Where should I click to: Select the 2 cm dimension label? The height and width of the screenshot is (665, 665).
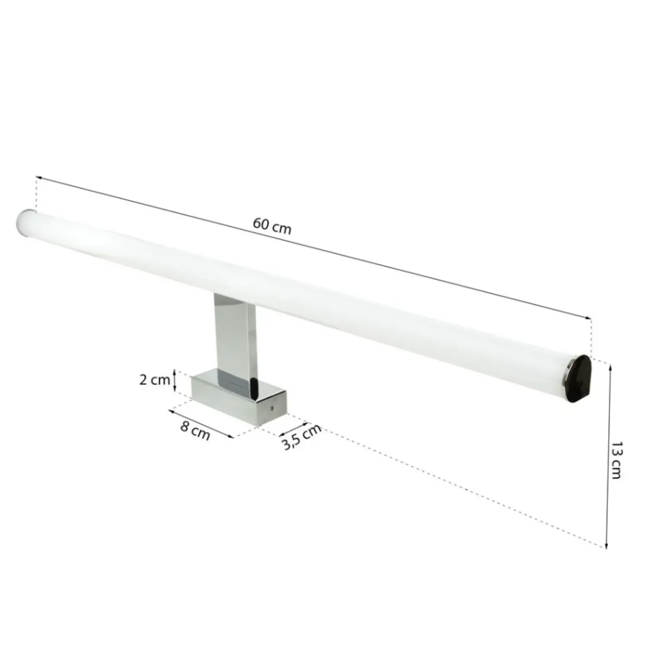pos(154,380)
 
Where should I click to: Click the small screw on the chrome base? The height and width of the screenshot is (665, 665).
pos(272,407)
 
